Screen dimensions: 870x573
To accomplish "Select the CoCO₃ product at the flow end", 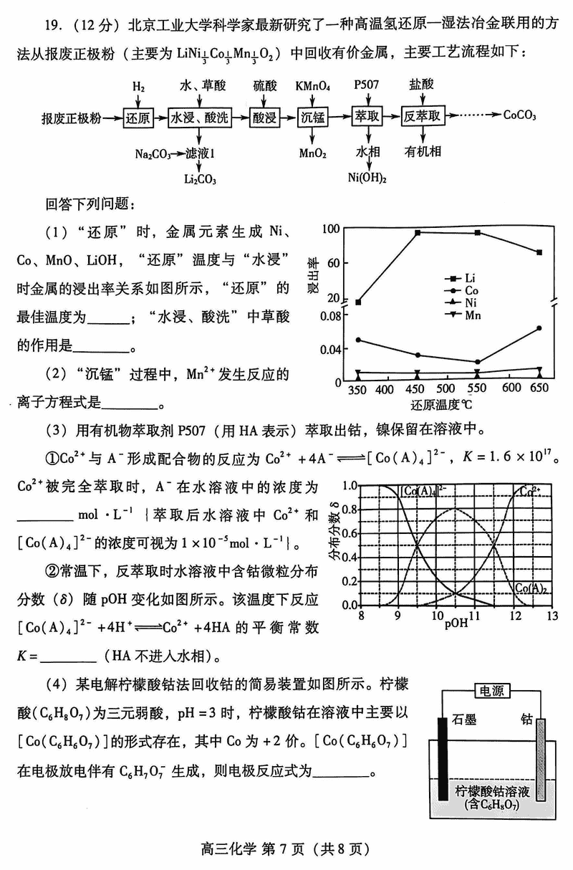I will click(521, 115).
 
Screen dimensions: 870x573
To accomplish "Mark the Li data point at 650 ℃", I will click(539, 252).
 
